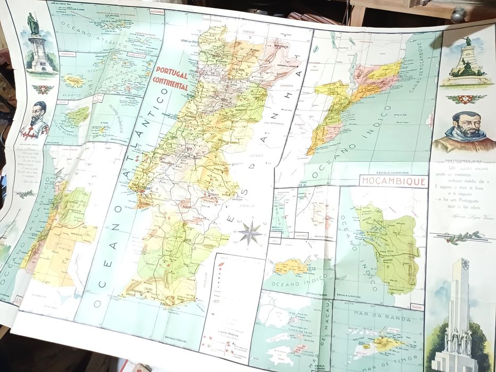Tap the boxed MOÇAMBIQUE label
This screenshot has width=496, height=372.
point(393,181)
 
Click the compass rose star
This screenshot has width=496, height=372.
point(249,232)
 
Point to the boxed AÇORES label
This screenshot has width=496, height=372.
point(157,10)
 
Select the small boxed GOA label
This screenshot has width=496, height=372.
point(418,307)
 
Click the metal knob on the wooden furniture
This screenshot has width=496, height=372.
point(458,14)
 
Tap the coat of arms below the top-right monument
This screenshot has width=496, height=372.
point(466,99)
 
